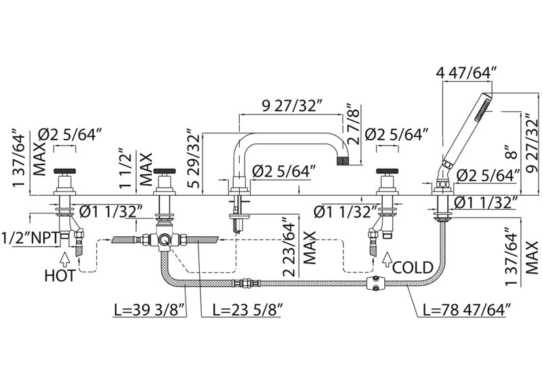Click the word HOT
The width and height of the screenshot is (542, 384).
coord(60,276)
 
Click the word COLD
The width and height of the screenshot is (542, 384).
coord(413,268)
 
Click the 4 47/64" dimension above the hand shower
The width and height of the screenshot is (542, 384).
coord(467,73)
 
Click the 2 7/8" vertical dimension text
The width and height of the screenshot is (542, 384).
coord(354,123)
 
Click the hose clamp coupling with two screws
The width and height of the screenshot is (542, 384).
coord(375,283)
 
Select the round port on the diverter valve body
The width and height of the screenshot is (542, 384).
coord(163,239)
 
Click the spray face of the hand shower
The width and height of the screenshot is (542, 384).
coord(483,108)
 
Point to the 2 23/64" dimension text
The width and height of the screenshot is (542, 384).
coord(290,247)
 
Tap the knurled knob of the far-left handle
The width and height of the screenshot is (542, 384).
coord(64,171)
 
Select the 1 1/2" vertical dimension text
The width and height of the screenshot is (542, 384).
coord(126,169)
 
